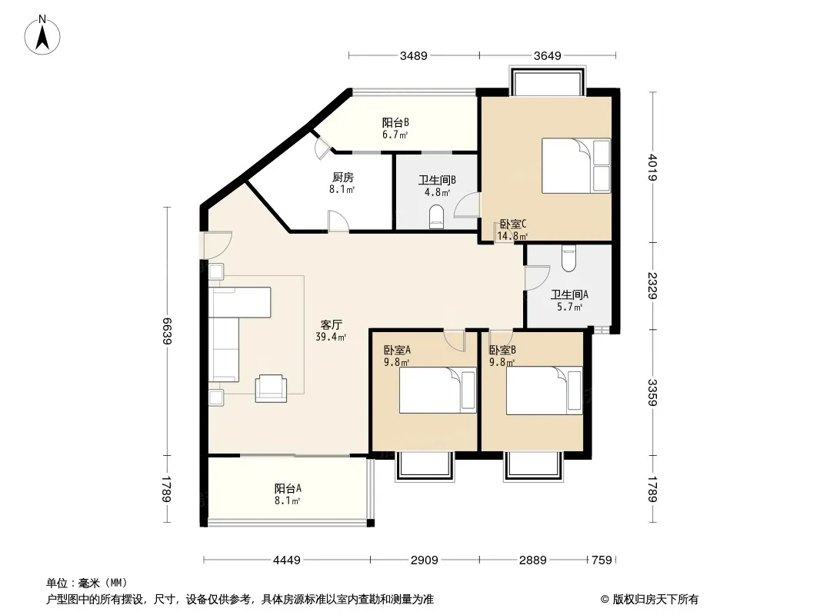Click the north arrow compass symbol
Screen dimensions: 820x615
click(x=42, y=35)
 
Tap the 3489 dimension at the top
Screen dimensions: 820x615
click(x=414, y=56)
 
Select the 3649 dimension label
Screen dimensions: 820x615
click(x=548, y=56)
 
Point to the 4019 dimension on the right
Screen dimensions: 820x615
click(x=652, y=167)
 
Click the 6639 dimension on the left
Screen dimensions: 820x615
click(x=167, y=331)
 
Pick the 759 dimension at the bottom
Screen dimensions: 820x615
click(x=602, y=560)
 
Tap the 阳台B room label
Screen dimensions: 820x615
click(x=395, y=123)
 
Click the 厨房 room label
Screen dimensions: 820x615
click(x=342, y=178)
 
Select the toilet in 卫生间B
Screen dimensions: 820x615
click(x=436, y=218)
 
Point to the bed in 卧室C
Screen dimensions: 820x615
click(x=576, y=165)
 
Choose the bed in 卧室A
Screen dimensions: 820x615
click(x=438, y=391)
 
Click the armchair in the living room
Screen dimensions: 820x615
click(x=271, y=388)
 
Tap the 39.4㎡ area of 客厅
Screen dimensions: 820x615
click(x=331, y=337)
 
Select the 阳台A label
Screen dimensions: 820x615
click(x=288, y=489)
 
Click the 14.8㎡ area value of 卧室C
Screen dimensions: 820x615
click(x=512, y=236)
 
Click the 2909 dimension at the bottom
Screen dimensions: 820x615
click(x=424, y=560)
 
